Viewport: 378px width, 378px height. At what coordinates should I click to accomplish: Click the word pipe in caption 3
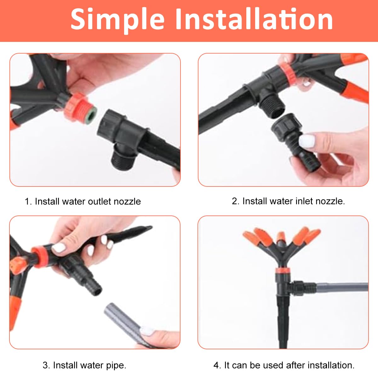116,365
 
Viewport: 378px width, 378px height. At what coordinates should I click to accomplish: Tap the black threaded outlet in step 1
123,156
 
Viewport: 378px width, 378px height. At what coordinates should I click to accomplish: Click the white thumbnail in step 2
306,141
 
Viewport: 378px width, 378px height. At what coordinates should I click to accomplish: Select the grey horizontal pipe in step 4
342,288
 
